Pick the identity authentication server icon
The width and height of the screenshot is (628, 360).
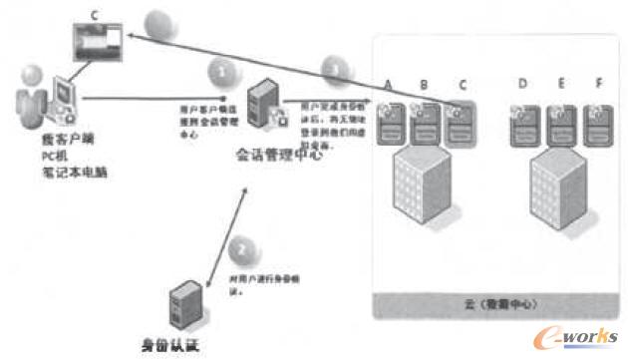point(183,307)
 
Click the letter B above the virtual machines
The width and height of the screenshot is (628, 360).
point(425,85)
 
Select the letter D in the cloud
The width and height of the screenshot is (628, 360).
point(523,85)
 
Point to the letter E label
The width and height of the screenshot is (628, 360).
point(561,85)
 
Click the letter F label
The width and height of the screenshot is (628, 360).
point(598,85)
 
